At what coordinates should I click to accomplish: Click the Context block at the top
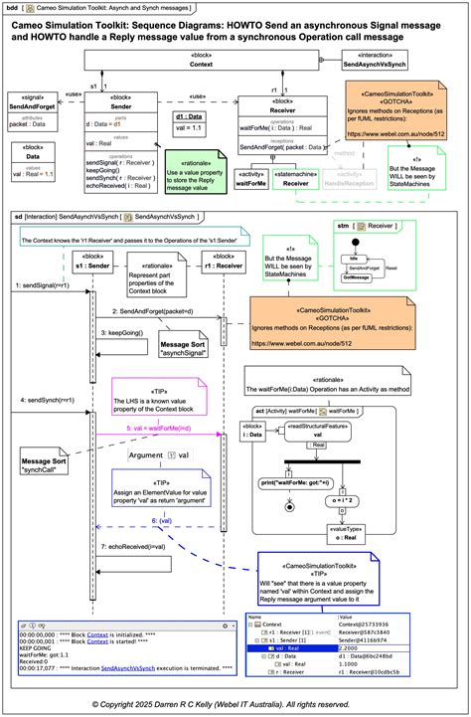(x=202, y=63)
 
